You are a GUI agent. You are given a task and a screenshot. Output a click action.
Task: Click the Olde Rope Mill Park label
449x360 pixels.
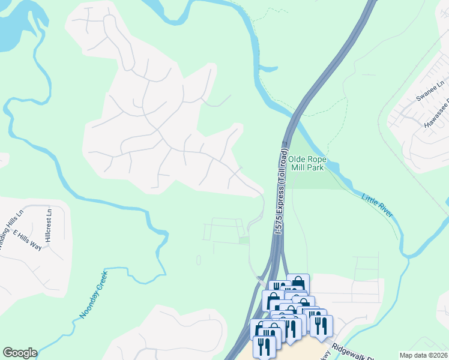[306, 163]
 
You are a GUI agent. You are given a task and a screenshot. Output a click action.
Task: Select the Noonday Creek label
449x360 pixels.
[94, 294]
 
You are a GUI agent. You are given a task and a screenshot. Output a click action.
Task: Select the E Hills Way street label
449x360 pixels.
[27, 240]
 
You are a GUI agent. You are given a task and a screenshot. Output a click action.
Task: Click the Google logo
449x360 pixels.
[20, 353]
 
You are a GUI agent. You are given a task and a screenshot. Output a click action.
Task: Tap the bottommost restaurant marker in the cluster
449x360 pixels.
[264, 346]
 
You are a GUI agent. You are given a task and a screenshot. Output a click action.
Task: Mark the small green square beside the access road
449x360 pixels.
[244, 241]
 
